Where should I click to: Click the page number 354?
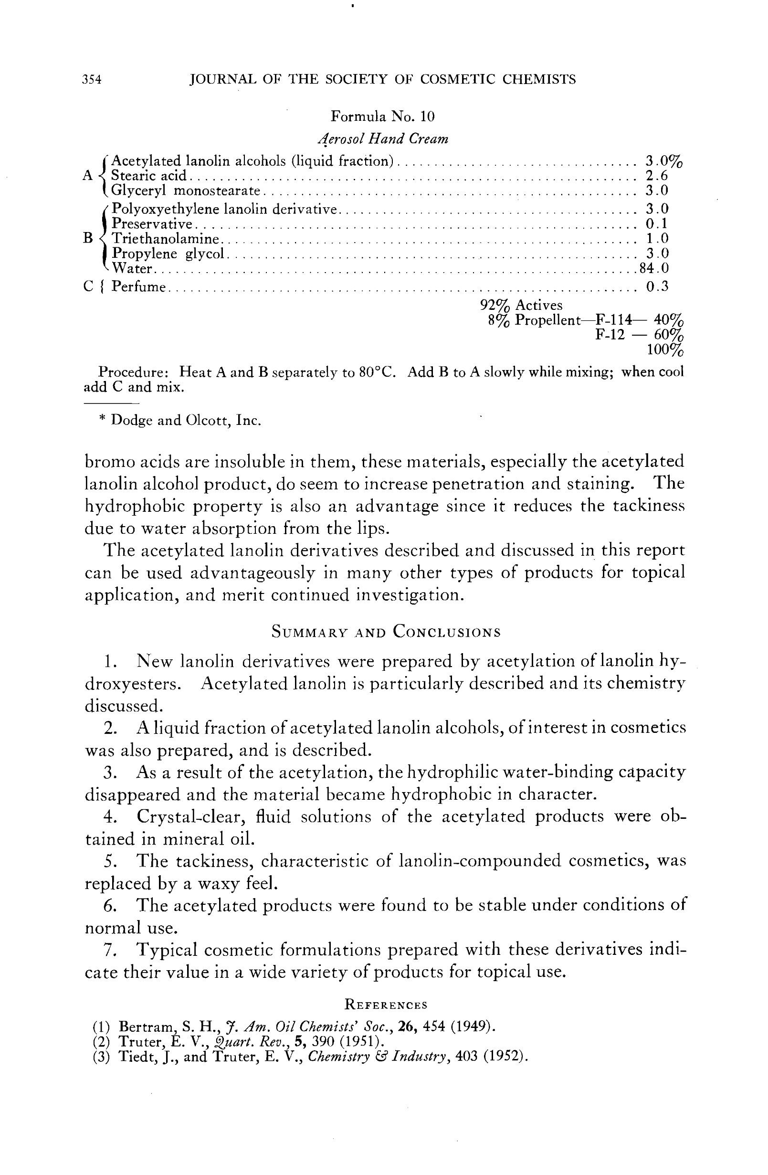point(92,79)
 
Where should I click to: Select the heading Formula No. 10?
point(382,116)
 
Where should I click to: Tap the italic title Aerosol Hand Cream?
point(383,139)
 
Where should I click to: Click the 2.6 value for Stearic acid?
point(657,176)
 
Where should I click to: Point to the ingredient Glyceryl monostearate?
point(186,191)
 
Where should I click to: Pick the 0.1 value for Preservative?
point(657,224)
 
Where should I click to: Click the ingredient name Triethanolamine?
point(165,239)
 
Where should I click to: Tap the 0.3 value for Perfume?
point(657,286)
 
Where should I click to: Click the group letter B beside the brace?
point(88,238)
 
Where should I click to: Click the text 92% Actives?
point(521,306)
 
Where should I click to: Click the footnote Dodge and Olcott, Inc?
point(186,421)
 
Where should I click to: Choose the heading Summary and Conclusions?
point(386,633)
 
